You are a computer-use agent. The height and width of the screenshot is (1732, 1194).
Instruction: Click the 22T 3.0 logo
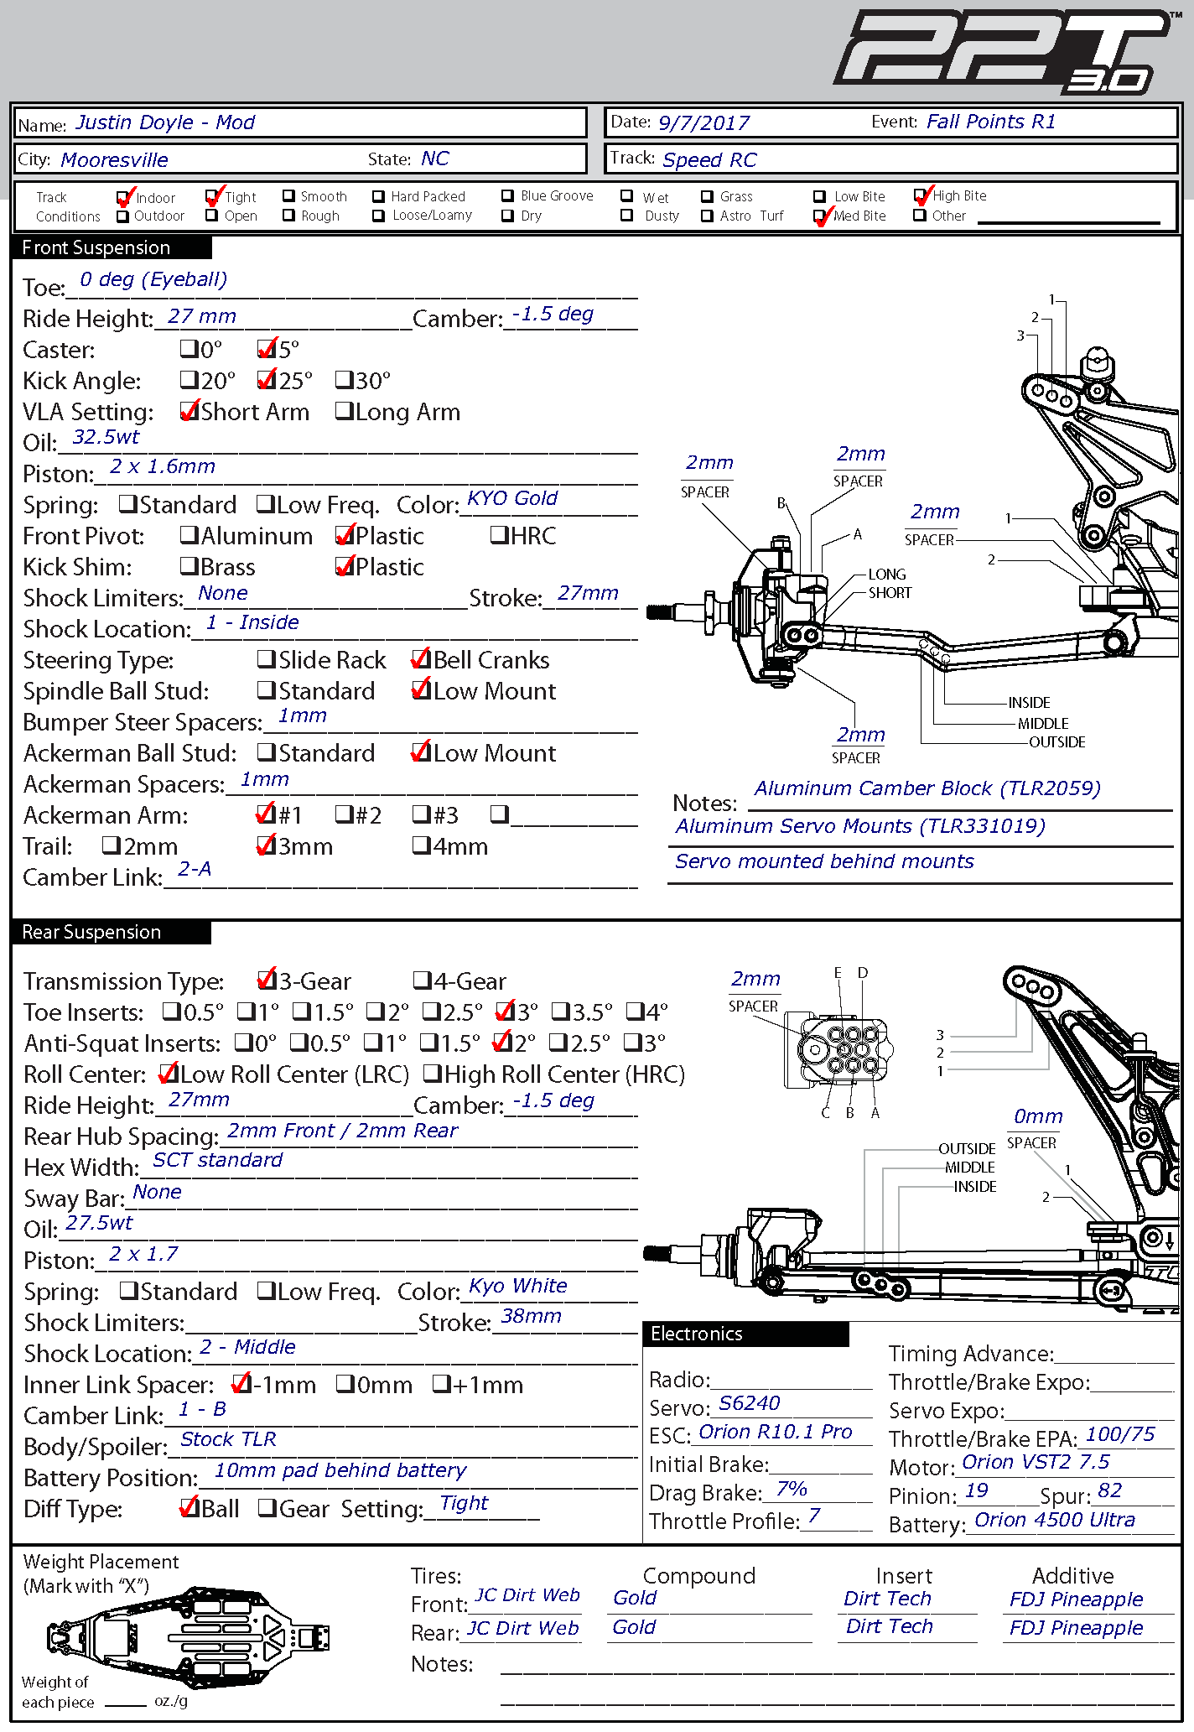(x=1002, y=50)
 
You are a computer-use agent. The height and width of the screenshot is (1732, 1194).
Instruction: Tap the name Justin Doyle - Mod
(x=165, y=122)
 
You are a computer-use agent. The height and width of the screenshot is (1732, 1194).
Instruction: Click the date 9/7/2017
(x=703, y=123)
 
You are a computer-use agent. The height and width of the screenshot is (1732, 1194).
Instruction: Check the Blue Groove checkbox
(x=507, y=196)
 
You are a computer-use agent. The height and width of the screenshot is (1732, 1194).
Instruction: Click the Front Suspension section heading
(x=96, y=247)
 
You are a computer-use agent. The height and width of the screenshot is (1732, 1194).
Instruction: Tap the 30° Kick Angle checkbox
(x=344, y=380)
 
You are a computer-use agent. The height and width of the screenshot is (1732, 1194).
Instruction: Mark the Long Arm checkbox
(x=344, y=411)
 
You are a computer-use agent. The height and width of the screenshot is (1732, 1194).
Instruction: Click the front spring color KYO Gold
(x=512, y=498)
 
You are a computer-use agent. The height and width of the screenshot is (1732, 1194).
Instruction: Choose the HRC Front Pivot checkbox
(x=499, y=535)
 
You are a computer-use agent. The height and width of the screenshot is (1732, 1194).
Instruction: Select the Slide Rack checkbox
(x=267, y=659)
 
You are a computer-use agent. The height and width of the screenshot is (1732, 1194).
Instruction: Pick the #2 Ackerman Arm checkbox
(x=344, y=814)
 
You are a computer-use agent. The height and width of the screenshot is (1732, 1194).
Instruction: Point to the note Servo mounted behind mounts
(x=824, y=861)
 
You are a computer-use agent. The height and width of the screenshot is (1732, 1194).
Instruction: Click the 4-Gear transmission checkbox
(x=422, y=980)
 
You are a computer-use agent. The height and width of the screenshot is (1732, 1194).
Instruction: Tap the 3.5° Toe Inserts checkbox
(x=561, y=1011)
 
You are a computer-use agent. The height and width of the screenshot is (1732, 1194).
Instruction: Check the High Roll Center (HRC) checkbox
(x=433, y=1073)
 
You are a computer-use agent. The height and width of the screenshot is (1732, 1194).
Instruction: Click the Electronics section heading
(x=697, y=1334)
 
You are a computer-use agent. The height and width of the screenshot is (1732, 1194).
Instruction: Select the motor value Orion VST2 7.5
(x=1036, y=1462)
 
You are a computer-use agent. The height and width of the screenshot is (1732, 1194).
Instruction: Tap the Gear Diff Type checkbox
(x=267, y=1507)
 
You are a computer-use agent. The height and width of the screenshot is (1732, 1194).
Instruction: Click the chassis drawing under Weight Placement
(x=189, y=1635)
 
